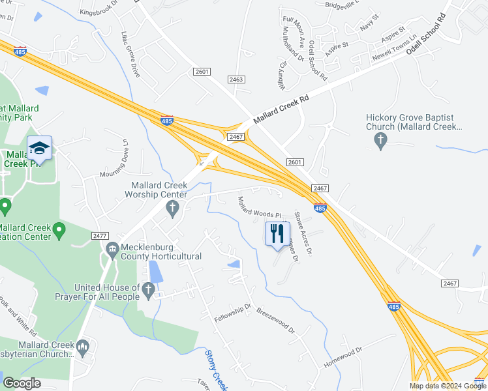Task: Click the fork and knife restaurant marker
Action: tap(277, 233)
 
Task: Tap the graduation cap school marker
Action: tap(39, 148)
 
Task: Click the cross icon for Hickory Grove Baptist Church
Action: tap(380, 139)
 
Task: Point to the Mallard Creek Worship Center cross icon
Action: tap(172, 209)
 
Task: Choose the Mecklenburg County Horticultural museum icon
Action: tap(112, 248)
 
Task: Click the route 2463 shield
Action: tap(236, 79)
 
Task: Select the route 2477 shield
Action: tap(100, 235)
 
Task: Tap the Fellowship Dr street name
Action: tap(233, 315)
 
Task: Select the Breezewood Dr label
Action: tap(276, 320)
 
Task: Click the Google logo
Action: tap(22, 383)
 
